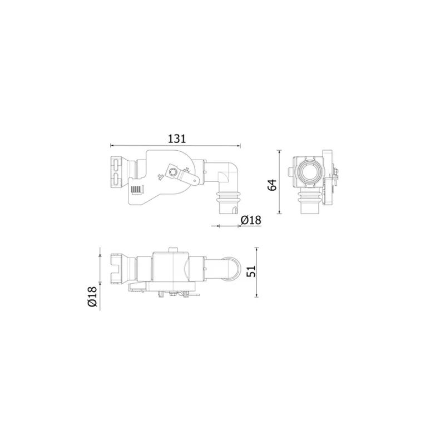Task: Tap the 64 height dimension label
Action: coord(272,185)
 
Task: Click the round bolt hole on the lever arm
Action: coord(173,172)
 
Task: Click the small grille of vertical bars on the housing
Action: coord(136,189)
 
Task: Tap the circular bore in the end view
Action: coord(308,174)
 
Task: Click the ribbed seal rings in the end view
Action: coord(308,196)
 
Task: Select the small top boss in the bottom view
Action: coord(173,251)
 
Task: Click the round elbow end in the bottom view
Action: coord(231,268)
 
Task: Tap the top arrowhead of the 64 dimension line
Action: coord(280,151)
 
